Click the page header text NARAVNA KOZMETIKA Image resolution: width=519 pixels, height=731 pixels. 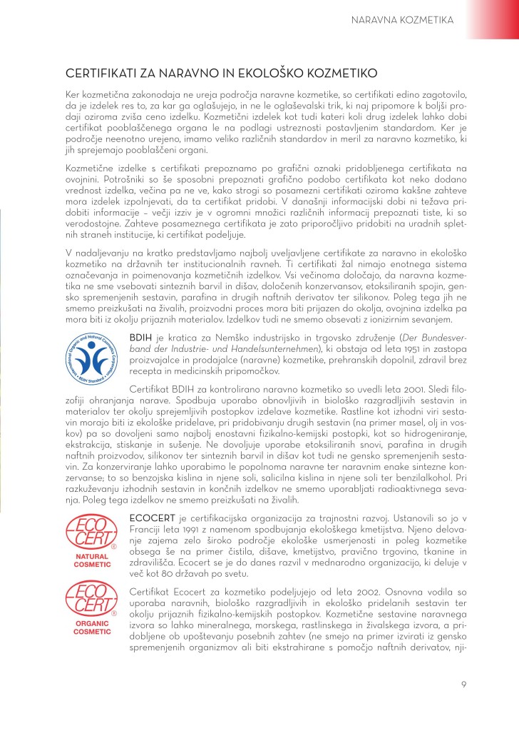click(403, 20)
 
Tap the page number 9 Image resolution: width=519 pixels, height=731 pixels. click(463, 686)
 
